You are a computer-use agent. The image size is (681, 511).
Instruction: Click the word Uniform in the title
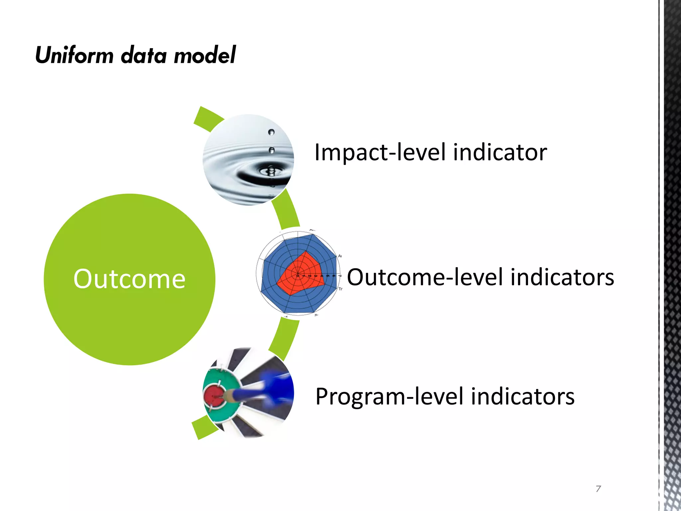point(74,55)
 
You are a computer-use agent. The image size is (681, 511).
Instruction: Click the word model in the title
point(205,55)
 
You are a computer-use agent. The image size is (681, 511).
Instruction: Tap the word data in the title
point(144,55)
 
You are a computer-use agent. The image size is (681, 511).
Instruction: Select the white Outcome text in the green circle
point(129,279)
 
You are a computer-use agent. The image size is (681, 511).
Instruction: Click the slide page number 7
point(598,489)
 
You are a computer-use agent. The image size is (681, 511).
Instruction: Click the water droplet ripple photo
point(248,160)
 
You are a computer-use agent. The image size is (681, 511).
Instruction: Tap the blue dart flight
point(278,388)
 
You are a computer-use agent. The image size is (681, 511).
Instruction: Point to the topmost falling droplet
point(271,132)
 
